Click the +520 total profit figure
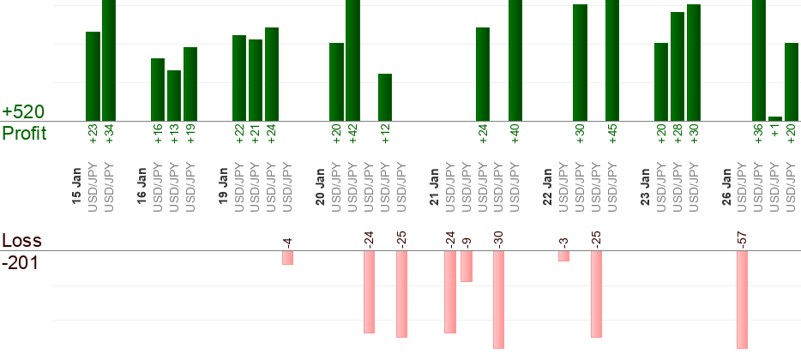click(23, 112)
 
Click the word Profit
click(24, 133)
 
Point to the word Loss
click(21, 240)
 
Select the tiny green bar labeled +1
click(775, 118)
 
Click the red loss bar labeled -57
click(743, 299)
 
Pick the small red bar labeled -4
click(288, 258)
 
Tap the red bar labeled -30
click(498, 299)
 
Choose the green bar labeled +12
click(385, 97)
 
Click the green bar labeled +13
click(174, 95)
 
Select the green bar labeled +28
click(678, 66)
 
